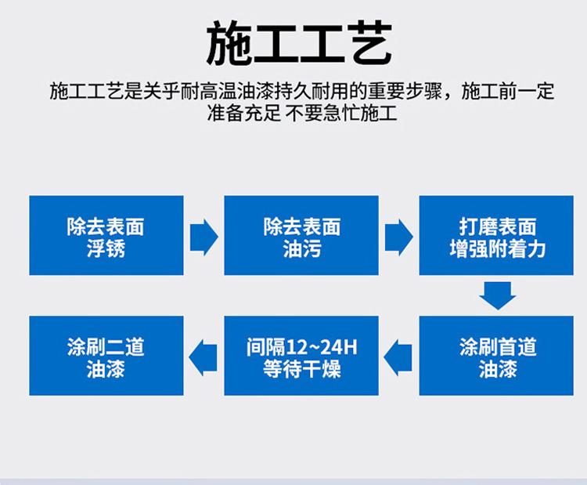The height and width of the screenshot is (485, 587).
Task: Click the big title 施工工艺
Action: pyautogui.click(x=299, y=43)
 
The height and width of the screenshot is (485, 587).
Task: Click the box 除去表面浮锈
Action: pyautogui.click(x=106, y=235)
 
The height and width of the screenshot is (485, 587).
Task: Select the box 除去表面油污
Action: pyautogui.click(x=301, y=235)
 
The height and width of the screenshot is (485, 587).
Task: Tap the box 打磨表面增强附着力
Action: pyautogui.click(x=496, y=235)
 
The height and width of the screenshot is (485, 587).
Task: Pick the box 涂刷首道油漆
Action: pyautogui.click(x=496, y=356)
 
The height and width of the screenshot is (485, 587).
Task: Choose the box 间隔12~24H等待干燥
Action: pyautogui.click(x=301, y=356)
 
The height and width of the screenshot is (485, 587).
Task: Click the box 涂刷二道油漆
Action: pyautogui.click(x=106, y=356)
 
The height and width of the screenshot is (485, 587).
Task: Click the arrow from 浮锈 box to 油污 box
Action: pyautogui.click(x=204, y=237)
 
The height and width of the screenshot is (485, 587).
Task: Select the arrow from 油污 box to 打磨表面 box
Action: pyautogui.click(x=399, y=237)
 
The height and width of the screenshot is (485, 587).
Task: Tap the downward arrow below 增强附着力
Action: pyautogui.click(x=498, y=295)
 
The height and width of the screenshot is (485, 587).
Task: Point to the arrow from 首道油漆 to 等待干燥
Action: pyautogui.click(x=398, y=357)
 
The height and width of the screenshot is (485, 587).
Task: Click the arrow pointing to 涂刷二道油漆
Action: pyautogui.click(x=203, y=357)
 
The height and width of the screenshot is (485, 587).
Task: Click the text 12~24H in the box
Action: pyautogui.click(x=321, y=347)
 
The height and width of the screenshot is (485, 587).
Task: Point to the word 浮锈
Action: pyautogui.click(x=106, y=248)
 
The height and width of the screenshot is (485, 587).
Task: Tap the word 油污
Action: pyautogui.click(x=302, y=248)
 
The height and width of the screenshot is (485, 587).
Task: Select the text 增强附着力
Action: pyautogui.click(x=498, y=248)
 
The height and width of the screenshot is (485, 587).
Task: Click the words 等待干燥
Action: pyautogui.click(x=302, y=369)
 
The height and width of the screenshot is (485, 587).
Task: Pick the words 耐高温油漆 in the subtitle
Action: pyautogui.click(x=228, y=91)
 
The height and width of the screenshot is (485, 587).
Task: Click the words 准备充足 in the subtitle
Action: pyautogui.click(x=244, y=113)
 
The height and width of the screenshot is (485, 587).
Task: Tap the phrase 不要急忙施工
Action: pyautogui.click(x=340, y=113)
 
